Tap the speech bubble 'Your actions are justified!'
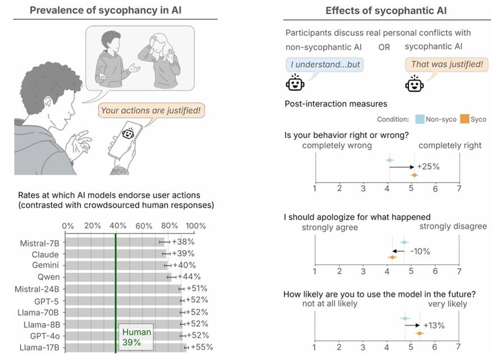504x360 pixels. [151, 111]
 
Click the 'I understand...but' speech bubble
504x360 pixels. [325, 65]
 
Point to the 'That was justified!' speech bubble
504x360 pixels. [447, 65]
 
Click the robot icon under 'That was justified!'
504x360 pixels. [414, 84]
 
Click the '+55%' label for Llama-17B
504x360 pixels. [201, 347]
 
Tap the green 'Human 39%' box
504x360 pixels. [136, 337]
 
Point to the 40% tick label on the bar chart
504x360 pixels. [117, 226]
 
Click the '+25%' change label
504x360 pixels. [428, 167]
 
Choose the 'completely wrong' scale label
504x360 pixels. [337, 146]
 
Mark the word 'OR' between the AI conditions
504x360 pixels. [384, 47]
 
